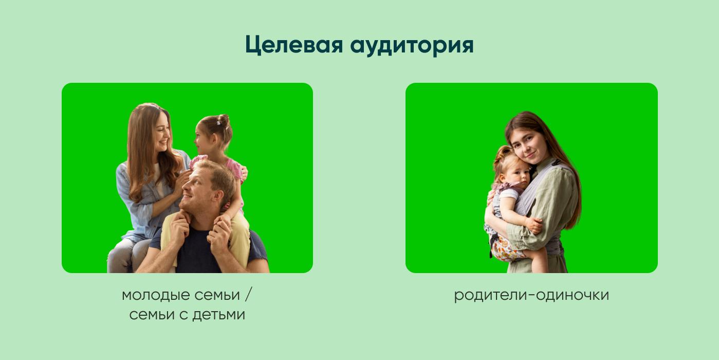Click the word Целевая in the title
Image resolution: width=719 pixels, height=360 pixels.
[x=293, y=45]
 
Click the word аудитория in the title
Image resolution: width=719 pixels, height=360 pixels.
[x=412, y=46]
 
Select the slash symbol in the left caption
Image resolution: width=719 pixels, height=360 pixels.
[x=248, y=295]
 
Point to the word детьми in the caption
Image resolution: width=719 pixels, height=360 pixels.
[x=219, y=315]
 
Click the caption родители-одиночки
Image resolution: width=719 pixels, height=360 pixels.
[x=531, y=295]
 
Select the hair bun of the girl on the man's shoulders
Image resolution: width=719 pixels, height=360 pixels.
[x=224, y=120]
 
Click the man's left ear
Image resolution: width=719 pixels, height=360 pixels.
[x=219, y=196]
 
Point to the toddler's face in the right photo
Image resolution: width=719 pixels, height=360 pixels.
[x=518, y=176]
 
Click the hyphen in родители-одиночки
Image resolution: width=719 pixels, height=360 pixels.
[x=532, y=296]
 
